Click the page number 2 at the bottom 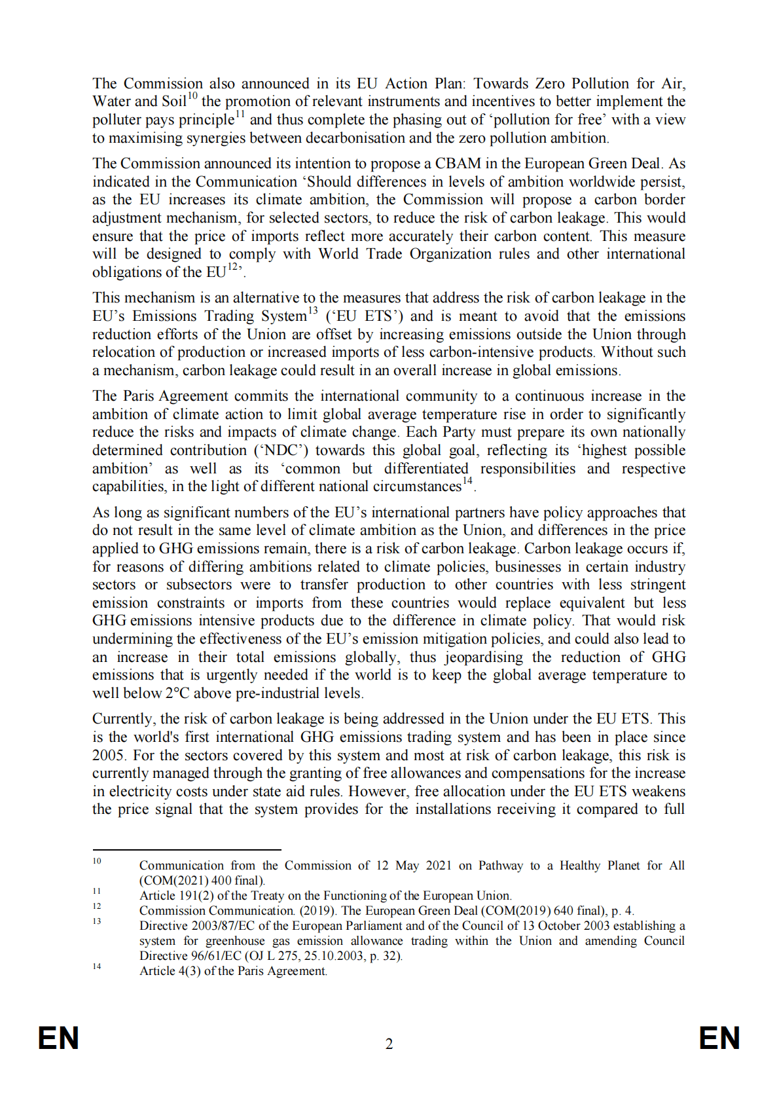tap(389, 1044)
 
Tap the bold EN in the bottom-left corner tap(58, 1038)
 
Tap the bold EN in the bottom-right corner tap(719, 1038)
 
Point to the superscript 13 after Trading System tap(313, 310)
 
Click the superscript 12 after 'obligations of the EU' tap(232, 266)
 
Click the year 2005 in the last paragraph tap(108, 756)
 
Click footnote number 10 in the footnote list tap(97, 861)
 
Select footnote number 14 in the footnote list tap(97, 966)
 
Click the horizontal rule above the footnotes tap(187, 850)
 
